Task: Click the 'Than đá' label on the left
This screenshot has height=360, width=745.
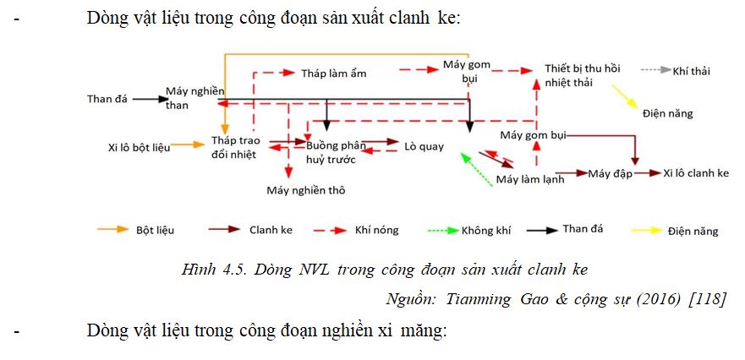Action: (107, 98)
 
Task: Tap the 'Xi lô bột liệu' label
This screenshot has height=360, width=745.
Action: (140, 147)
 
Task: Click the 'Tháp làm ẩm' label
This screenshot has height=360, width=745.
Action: (334, 74)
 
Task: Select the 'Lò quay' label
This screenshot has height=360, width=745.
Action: (424, 146)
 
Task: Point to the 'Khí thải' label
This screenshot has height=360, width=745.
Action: (691, 71)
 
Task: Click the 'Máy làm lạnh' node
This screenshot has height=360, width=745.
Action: (530, 179)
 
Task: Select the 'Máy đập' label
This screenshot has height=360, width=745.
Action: (611, 173)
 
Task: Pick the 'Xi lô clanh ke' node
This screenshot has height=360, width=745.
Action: (696, 173)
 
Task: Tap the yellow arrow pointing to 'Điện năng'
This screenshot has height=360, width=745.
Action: (626, 95)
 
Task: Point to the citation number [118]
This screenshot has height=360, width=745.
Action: (707, 298)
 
